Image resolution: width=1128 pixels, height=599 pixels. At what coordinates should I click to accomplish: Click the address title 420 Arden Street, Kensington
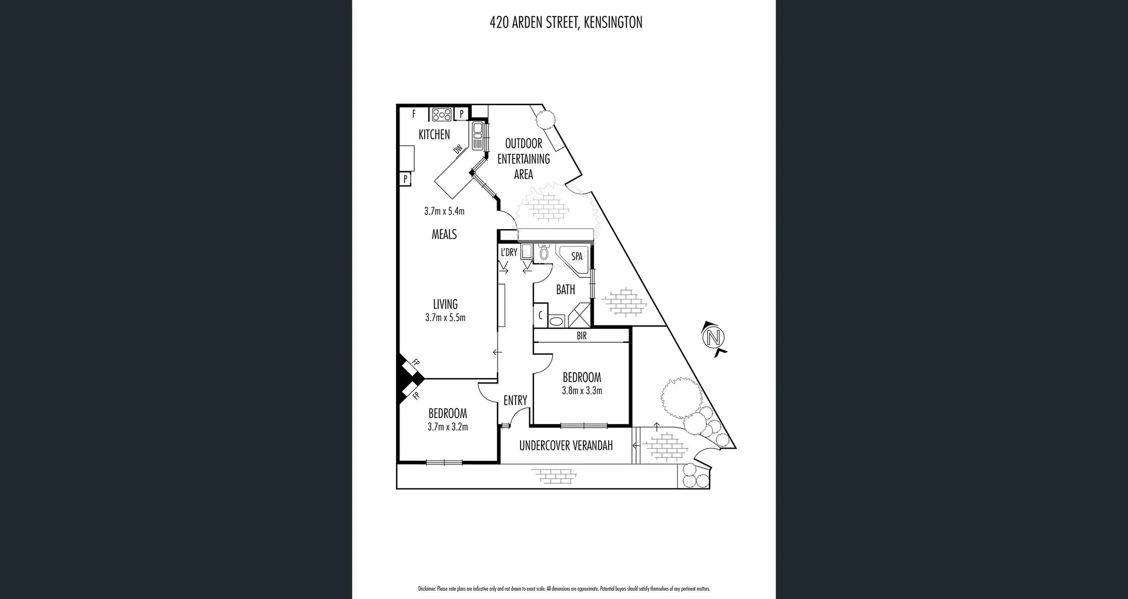(566, 23)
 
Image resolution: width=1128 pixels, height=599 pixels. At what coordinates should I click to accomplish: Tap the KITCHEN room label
(434, 134)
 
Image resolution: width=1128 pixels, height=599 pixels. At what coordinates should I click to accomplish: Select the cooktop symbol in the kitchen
(442, 115)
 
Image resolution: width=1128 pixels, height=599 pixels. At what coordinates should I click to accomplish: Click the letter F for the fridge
(414, 114)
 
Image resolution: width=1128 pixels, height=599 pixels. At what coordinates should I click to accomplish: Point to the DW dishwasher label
(458, 150)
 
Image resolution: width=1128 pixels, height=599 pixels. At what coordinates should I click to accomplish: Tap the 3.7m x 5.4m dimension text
(444, 211)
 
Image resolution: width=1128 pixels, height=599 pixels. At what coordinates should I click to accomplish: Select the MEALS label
(444, 234)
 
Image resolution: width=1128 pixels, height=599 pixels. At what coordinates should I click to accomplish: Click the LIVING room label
(445, 304)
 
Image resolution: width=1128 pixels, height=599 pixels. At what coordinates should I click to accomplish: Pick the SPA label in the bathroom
(577, 257)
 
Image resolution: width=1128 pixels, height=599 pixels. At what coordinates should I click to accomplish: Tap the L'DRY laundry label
(509, 252)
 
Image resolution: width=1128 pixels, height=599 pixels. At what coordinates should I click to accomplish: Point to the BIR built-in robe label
(582, 336)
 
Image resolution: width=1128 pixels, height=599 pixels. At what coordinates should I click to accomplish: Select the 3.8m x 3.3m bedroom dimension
(582, 391)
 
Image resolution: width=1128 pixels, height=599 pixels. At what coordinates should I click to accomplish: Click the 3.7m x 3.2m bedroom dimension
(448, 427)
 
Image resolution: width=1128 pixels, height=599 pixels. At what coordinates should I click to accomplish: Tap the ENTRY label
(515, 401)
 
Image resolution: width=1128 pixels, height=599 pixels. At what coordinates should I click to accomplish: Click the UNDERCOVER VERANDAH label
(566, 446)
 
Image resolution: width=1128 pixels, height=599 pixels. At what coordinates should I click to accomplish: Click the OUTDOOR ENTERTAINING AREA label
(523, 159)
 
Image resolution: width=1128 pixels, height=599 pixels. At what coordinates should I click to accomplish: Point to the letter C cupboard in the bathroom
(540, 316)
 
